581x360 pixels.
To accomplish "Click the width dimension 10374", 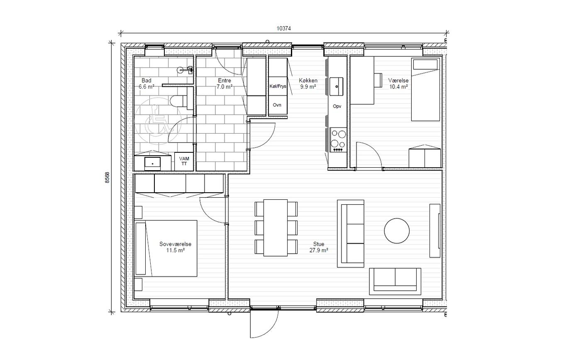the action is click(x=283, y=28).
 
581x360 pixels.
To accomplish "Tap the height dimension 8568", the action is click(x=107, y=178).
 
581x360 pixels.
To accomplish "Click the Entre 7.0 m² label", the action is click(x=225, y=83).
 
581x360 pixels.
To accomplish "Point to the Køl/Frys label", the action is click(x=278, y=86).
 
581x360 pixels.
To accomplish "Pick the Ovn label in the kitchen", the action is click(x=277, y=105).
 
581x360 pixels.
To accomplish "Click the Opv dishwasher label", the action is click(x=337, y=106).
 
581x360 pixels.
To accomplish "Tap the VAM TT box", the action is click(x=184, y=161).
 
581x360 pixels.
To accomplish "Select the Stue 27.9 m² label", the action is click(x=319, y=247).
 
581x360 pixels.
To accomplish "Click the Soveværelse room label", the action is click(x=175, y=244).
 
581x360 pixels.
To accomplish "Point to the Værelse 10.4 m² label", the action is click(x=398, y=83).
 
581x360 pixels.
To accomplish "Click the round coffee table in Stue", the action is click(x=397, y=231).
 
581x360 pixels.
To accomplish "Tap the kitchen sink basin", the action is click(x=337, y=86).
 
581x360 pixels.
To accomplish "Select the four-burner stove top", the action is click(x=338, y=140).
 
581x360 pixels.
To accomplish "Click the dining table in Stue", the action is click(x=276, y=228).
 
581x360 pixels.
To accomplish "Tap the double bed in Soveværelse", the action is click(x=166, y=248).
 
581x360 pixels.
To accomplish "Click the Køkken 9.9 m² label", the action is click(x=308, y=83).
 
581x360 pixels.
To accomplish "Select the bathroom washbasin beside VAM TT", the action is click(x=153, y=163).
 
